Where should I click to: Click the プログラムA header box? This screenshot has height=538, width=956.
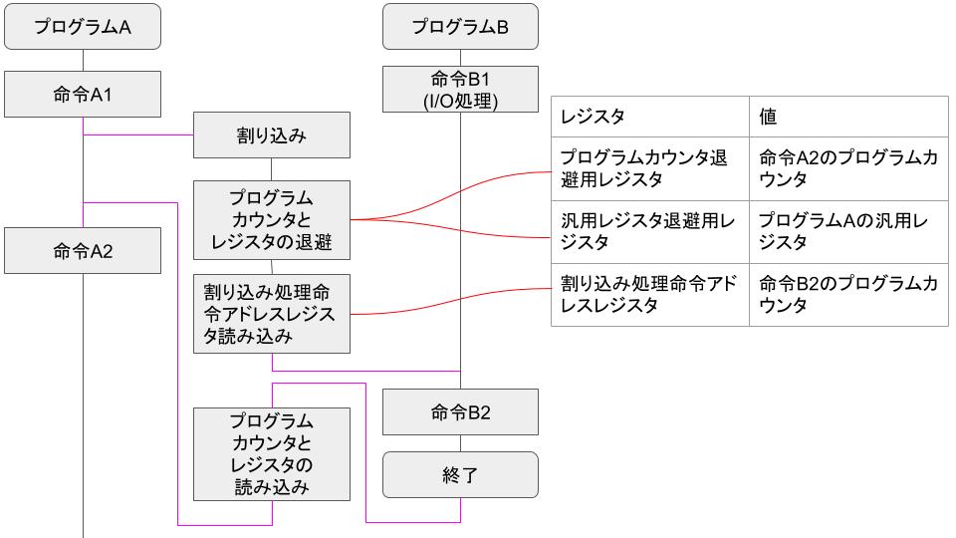click(x=83, y=28)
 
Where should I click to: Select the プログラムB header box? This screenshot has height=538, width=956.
click(x=460, y=28)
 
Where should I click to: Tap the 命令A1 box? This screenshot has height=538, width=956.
click(x=83, y=95)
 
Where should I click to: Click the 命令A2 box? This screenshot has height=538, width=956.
click(x=83, y=250)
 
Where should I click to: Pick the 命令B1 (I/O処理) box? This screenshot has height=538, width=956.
click(x=460, y=90)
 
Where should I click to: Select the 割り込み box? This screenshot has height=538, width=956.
click(x=272, y=134)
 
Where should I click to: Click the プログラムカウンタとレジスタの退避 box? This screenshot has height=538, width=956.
click(x=272, y=218)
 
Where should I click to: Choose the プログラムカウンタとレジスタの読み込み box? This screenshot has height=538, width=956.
click(x=272, y=453)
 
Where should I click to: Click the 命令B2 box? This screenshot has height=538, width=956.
click(x=460, y=411)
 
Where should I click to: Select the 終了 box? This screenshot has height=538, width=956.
click(x=460, y=475)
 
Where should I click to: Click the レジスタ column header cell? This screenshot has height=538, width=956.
click(x=649, y=117)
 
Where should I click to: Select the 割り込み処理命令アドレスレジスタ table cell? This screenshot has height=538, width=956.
click(x=649, y=295)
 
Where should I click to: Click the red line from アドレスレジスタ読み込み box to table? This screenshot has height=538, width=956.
click(x=448, y=305)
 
